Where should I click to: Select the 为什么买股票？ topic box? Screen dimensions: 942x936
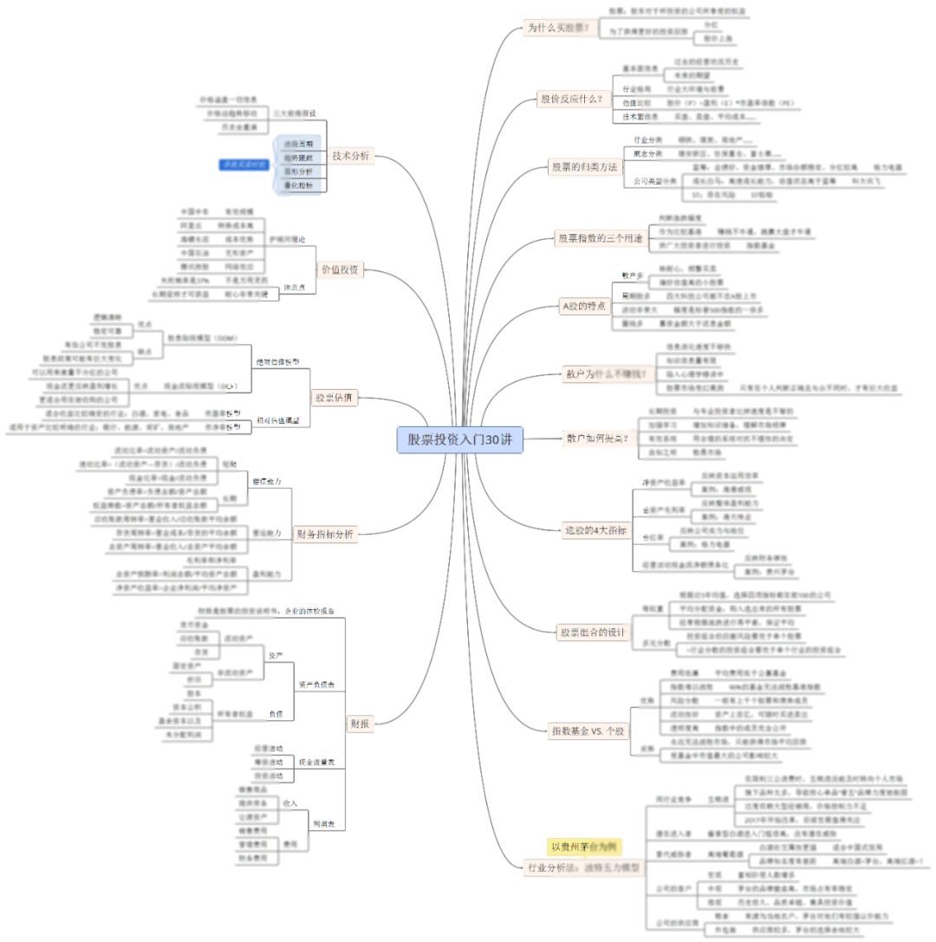(557, 28)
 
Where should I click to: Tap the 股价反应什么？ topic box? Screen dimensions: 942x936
(571, 99)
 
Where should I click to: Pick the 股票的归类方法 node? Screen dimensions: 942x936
(585, 166)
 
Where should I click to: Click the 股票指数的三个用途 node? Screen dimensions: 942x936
(600, 237)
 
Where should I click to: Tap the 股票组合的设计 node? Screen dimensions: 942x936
(592, 632)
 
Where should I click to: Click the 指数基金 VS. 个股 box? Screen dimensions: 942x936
(588, 731)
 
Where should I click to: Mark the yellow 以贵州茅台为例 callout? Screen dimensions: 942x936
(586, 846)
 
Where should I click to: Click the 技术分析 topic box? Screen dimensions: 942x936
(350, 156)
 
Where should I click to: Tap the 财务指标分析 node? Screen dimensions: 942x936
(324, 534)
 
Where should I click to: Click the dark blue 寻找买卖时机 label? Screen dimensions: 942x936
(244, 165)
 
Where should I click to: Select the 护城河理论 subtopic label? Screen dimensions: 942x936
(287, 238)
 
